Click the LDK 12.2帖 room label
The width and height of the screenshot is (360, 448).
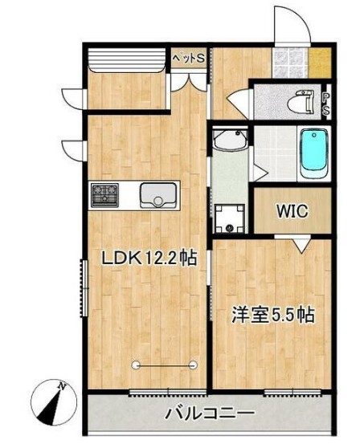149,259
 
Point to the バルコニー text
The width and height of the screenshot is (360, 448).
210,414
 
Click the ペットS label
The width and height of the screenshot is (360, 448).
190,59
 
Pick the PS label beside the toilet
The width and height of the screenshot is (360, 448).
325,104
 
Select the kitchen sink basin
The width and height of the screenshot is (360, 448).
157,194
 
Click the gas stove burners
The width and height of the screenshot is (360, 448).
105,193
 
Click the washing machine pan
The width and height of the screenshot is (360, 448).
229,218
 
